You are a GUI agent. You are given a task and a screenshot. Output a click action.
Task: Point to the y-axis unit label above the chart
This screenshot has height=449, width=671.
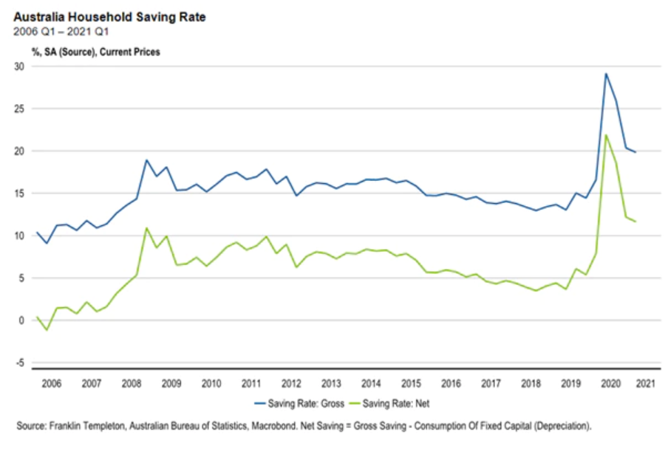[95, 52]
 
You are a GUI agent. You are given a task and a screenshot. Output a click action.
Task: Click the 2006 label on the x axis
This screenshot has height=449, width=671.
[50, 383]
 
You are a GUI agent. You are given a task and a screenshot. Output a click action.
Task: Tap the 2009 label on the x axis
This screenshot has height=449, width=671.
[171, 383]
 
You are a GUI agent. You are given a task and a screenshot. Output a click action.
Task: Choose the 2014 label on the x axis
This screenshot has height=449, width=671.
[371, 383]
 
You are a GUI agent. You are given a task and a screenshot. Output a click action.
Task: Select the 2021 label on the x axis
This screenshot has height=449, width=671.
[644, 383]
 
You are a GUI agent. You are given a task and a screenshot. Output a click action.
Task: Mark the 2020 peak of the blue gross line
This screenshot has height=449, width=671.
[606, 74]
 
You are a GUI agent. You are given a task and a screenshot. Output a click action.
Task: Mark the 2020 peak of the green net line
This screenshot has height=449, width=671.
[606, 134]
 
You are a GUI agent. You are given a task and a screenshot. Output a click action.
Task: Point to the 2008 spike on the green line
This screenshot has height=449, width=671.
[146, 228]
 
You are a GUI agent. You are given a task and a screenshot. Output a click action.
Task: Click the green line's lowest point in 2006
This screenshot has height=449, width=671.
[47, 329]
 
